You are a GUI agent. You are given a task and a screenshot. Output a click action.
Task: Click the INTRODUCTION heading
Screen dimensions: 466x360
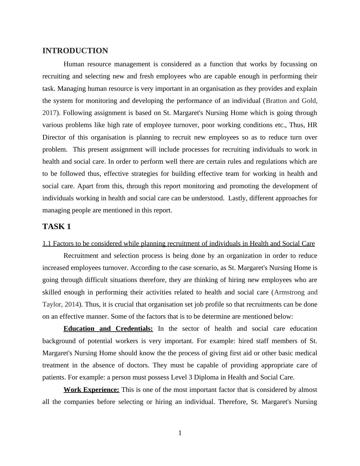75,51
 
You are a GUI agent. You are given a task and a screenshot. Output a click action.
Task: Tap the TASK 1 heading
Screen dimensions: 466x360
57,227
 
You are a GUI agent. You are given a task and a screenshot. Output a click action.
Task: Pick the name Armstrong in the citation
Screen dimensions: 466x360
289,292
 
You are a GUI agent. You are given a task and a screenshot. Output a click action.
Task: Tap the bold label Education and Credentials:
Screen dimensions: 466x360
108,329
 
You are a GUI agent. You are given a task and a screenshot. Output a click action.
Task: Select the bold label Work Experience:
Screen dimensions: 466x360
91,390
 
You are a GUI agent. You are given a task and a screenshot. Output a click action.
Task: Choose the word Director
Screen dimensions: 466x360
54,137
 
